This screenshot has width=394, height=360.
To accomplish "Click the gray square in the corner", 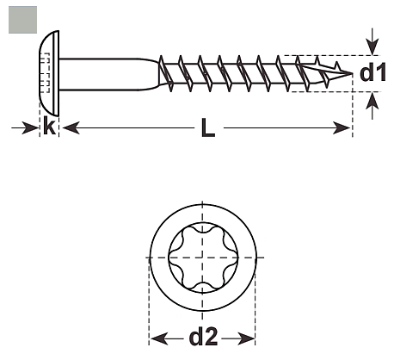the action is (22, 20).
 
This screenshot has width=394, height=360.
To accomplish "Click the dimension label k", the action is (49, 126).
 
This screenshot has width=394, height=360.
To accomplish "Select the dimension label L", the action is (208, 127).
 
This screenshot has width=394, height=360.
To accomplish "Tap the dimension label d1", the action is (372, 72).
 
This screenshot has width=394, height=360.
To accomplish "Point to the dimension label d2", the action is (203, 337).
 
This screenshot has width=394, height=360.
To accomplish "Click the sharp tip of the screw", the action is (352, 73).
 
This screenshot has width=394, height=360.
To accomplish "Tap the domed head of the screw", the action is (49, 73).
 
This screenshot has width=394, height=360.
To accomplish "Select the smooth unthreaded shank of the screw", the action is (109, 74).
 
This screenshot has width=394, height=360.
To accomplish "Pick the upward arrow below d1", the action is (372, 106).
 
